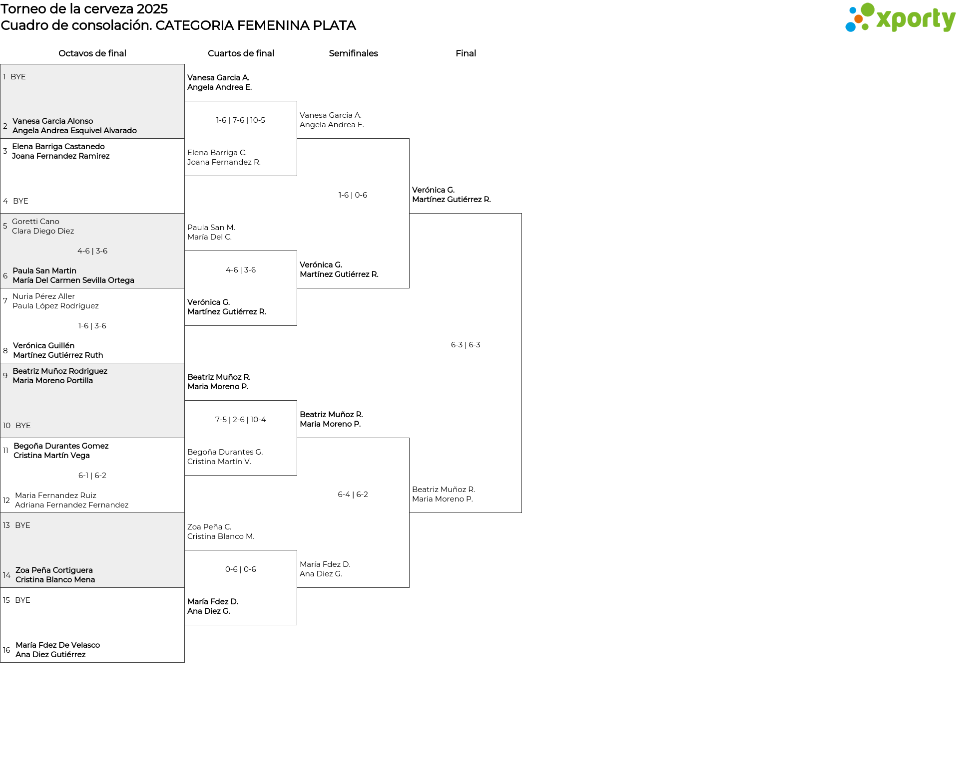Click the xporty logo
pos(900,18)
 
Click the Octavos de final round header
pos(92,53)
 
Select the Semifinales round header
pos(353,53)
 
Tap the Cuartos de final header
pos(241,53)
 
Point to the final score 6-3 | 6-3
pos(466,345)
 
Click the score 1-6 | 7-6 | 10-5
pos(241,120)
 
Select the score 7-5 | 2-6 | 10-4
pos(241,420)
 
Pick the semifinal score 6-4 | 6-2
pos(353,495)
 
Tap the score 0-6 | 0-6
pos(241,569)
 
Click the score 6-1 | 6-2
pos(92,476)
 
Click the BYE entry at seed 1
pos(18,77)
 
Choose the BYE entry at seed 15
pos(22,600)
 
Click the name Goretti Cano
pos(35,222)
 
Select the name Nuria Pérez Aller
pos(43,296)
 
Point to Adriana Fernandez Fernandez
pos(71,505)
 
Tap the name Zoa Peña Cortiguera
pos(54,570)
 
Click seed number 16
pos(6,650)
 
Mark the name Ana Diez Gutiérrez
pos(50,655)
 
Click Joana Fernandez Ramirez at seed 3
pos(61,156)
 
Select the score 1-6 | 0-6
pos(353,195)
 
